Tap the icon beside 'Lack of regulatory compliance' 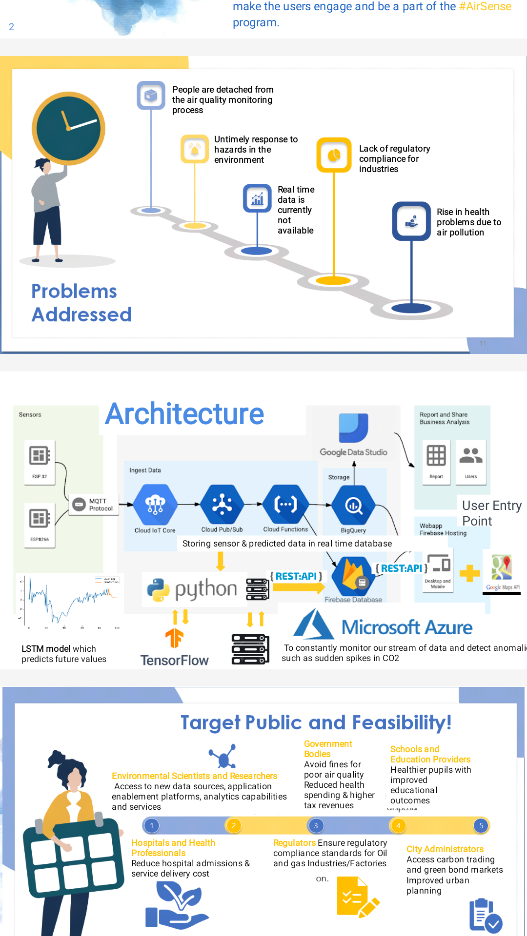point(334,155)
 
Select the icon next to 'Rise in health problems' point(411,221)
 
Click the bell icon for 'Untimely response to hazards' point(195,149)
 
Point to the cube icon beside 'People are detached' point(151,95)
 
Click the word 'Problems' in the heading point(74,292)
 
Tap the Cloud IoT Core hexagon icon point(155,505)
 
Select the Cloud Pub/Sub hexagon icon point(222,505)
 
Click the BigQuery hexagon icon point(353,506)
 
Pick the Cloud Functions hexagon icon point(285,505)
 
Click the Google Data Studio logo point(353,428)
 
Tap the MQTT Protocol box point(93,505)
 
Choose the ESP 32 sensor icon point(40,456)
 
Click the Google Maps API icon point(502,568)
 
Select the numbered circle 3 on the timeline point(316,825)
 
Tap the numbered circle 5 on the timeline point(481,825)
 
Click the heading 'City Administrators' point(445,849)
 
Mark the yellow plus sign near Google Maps point(469,573)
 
